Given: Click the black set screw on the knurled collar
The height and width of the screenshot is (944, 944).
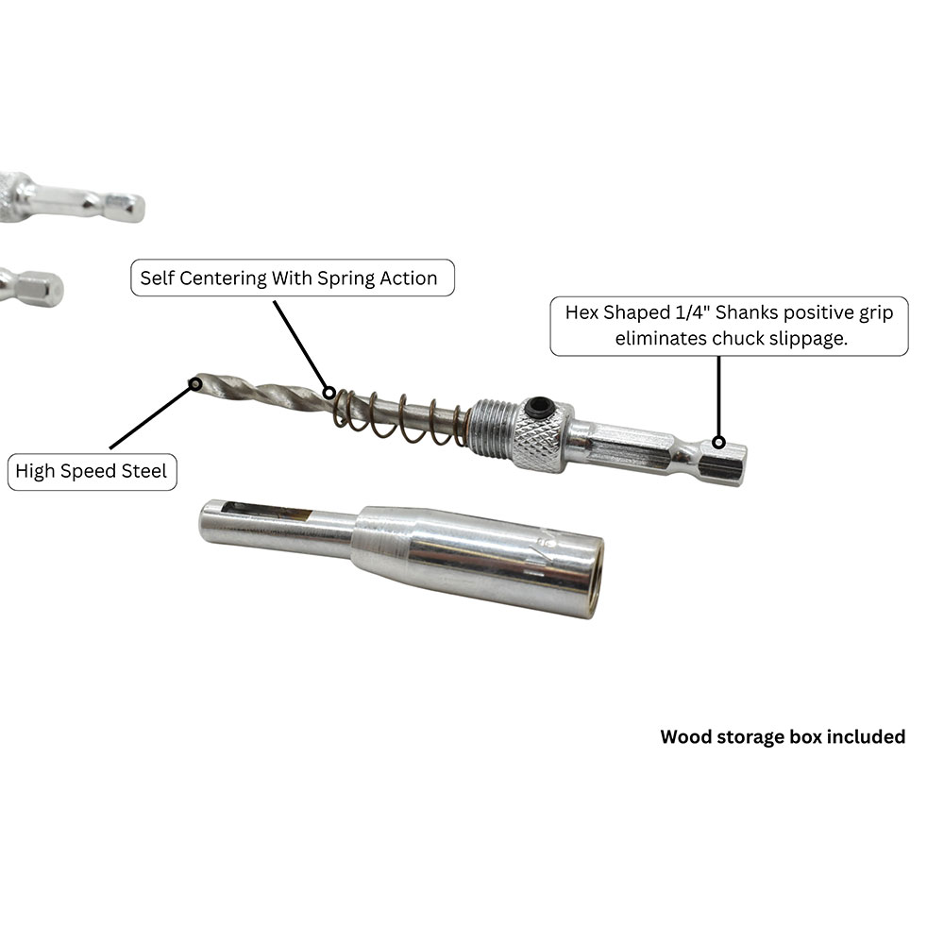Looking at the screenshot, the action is [x=539, y=408].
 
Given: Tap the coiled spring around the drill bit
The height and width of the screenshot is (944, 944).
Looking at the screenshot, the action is [x=400, y=416].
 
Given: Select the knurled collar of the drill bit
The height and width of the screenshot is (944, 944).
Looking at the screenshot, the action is [x=542, y=434].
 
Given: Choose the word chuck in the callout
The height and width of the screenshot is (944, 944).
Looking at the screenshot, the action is [x=738, y=338].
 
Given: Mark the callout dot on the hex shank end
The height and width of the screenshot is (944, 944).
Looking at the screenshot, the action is [x=718, y=443].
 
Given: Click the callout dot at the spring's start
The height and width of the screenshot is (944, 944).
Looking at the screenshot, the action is [x=329, y=393].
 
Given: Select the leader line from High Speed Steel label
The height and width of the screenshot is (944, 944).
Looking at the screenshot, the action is [x=152, y=416].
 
